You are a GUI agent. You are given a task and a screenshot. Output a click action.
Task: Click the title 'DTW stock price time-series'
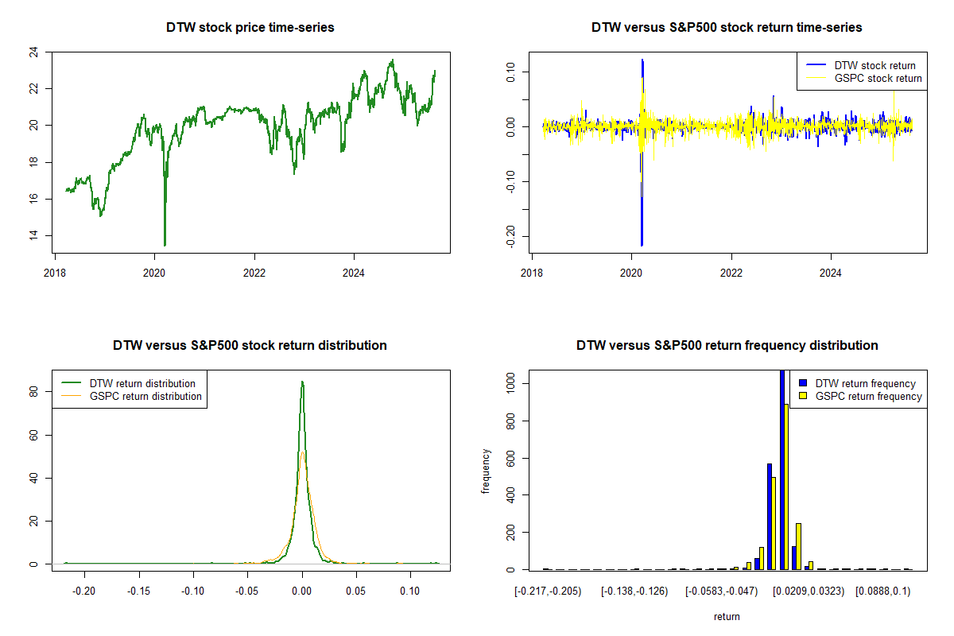[250, 27]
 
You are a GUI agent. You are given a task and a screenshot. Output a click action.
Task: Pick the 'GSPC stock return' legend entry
[878, 78]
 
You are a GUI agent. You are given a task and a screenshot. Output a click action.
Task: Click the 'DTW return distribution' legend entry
[142, 383]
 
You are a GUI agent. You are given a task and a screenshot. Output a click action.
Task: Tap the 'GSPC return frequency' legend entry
[869, 396]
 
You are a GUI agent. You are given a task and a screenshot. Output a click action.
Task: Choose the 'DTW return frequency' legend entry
[866, 383]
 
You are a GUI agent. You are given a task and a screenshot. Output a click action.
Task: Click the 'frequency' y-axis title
[487, 471]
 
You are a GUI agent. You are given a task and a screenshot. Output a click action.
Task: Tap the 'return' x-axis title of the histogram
[727, 616]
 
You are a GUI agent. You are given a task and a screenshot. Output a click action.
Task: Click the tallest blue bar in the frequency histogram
[781, 469]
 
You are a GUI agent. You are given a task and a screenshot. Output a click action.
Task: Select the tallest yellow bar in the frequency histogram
[786, 487]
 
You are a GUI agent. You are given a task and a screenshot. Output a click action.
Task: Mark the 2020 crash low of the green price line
[165, 245]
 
